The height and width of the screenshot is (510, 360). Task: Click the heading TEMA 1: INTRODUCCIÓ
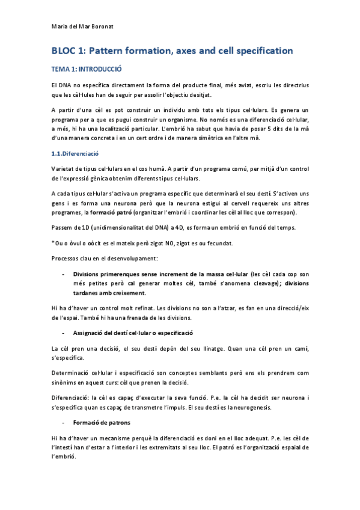[x=87, y=69]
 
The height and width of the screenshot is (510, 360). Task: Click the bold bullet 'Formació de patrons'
[x=101, y=422]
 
